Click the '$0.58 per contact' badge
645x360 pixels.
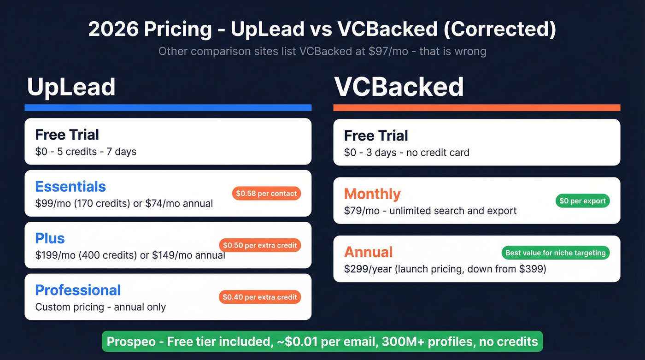266,194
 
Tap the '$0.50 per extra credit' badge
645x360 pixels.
260,245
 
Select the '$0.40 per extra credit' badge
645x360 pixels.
260,297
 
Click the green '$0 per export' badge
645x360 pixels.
582,201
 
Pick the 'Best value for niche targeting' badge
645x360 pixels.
555,253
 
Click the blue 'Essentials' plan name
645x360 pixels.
70,186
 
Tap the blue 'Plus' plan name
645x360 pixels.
50,238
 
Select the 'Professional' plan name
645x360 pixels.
78,290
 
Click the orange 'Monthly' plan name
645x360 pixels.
372,194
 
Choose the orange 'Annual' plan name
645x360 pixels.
368,252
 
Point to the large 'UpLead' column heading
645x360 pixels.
71,87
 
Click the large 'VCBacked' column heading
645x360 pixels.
399,87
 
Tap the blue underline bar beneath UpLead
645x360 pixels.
168,108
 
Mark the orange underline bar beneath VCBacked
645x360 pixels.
477,108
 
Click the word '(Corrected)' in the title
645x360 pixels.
499,30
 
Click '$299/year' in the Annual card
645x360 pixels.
367,268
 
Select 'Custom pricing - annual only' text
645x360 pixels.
100,307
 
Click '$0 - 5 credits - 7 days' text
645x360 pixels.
86,151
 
